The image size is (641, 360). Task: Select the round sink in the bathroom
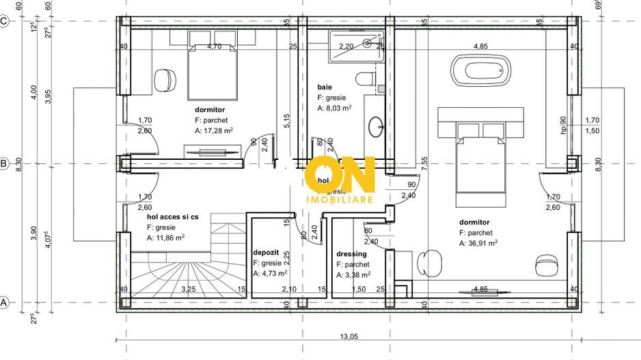pyautogui.click(x=376, y=126)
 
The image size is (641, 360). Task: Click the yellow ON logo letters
pyautogui.click(x=340, y=174)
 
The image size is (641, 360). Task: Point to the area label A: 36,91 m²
pyautogui.click(x=478, y=243)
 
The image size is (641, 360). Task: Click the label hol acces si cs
pyautogui.click(x=172, y=217)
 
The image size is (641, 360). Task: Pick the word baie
pyautogui.click(x=324, y=87)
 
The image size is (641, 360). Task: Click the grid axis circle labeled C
pyautogui.click(x=4, y=21)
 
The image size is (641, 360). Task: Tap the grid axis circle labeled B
pyautogui.click(x=4, y=164)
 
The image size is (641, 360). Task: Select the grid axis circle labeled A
pyautogui.click(x=4, y=302)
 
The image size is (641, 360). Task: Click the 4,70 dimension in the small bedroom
pyautogui.click(x=214, y=46)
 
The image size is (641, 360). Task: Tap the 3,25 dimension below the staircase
pyautogui.click(x=189, y=290)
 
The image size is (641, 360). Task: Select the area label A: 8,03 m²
pyautogui.click(x=334, y=108)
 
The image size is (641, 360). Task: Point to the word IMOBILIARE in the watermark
pyautogui.click(x=339, y=199)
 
